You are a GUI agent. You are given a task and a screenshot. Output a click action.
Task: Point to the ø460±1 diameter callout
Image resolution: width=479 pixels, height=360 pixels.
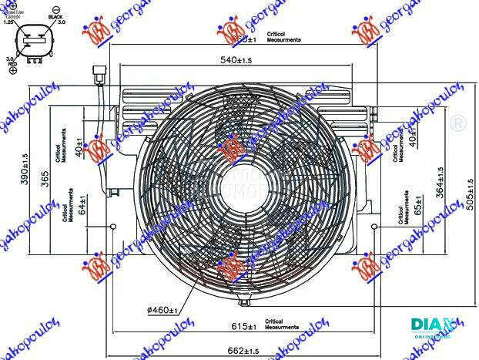tap(164, 310)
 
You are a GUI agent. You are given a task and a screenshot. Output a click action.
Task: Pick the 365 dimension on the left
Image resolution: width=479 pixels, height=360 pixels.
tap(45, 178)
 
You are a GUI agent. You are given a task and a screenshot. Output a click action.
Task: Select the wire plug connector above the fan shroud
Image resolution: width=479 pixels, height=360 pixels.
tap(98, 76)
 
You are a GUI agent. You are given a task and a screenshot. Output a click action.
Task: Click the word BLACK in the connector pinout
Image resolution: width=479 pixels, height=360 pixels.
tap(56, 16)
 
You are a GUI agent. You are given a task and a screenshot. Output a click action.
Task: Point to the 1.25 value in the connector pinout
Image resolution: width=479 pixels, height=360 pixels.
tap(8, 24)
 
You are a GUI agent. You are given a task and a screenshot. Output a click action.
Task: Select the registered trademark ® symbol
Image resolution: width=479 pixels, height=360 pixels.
tap(457, 123)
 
